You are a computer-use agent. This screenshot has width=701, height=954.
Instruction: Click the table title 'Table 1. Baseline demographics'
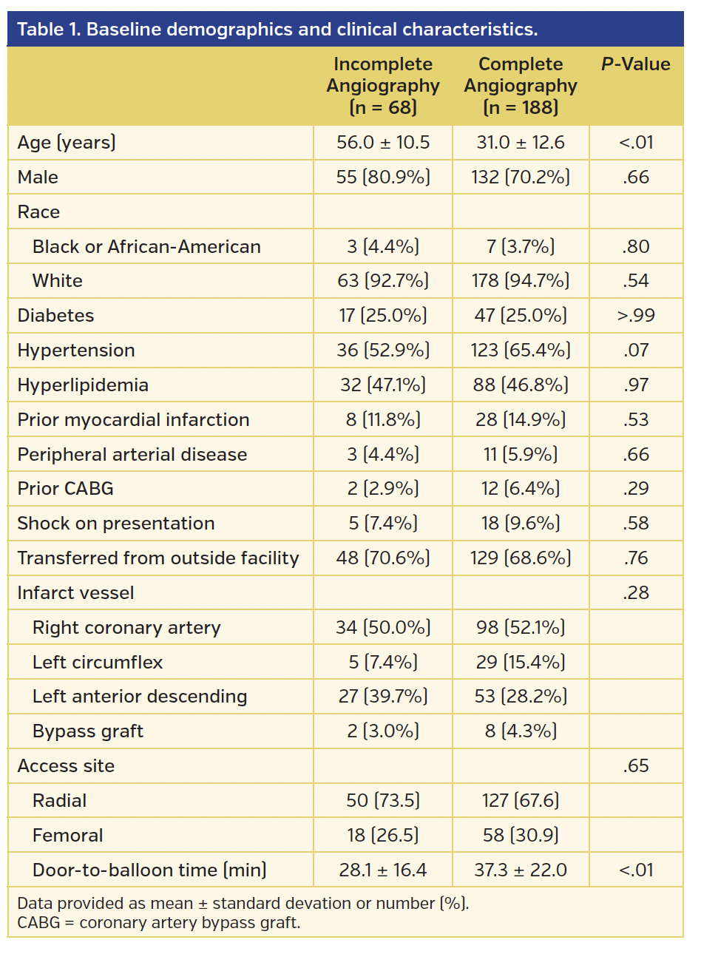(x=277, y=30)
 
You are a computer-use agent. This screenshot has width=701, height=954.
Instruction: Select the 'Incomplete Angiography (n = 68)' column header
(x=383, y=86)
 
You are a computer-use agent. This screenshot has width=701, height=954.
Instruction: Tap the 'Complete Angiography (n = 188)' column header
(x=521, y=86)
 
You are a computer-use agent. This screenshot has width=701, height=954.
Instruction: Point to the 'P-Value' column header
(x=635, y=64)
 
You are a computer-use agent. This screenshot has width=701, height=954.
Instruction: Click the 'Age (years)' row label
(x=67, y=143)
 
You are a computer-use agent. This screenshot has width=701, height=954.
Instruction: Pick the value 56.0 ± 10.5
(x=383, y=143)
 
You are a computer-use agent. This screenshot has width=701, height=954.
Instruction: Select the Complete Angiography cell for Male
(x=521, y=177)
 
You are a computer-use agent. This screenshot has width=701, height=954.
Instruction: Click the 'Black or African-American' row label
(x=146, y=247)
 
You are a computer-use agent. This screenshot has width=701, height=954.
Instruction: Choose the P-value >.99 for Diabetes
(x=636, y=316)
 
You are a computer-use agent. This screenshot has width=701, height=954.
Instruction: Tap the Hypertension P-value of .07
(x=636, y=351)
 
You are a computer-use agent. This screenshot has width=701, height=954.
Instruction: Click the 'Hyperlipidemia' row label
(x=83, y=385)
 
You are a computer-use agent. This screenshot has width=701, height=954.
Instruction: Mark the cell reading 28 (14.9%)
(x=521, y=420)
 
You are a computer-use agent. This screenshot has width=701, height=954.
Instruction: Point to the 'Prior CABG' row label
(x=66, y=489)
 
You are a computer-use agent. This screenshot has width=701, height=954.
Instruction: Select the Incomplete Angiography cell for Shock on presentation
(x=383, y=524)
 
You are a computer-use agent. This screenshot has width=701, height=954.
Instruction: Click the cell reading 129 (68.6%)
(x=521, y=558)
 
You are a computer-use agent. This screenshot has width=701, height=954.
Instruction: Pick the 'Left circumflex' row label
(x=98, y=663)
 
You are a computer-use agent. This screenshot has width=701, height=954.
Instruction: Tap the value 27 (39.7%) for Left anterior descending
(x=383, y=697)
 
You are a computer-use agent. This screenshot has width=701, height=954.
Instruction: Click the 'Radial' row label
(x=59, y=801)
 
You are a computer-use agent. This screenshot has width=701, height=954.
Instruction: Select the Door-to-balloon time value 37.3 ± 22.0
(x=521, y=870)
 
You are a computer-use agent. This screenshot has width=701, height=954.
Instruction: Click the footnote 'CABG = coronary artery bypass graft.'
(x=158, y=923)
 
